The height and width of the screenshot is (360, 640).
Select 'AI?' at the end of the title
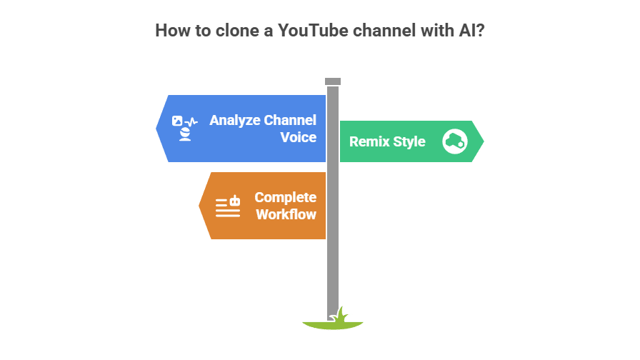pyautogui.click(x=470, y=31)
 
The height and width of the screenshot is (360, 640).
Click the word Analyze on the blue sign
pyautogui.click(x=234, y=120)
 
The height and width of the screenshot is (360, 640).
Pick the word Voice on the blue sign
pyautogui.click(x=299, y=136)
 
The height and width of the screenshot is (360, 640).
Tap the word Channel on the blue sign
pyautogui.click(x=290, y=120)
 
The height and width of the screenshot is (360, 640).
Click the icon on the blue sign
pyautogui.click(x=185, y=129)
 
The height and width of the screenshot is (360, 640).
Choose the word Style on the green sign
pyautogui.click(x=409, y=141)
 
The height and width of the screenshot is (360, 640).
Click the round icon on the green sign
pyautogui.click(x=455, y=141)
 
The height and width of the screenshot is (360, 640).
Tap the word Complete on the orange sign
pyautogui.click(x=285, y=197)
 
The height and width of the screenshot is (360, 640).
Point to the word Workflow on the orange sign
pyautogui.click(x=286, y=214)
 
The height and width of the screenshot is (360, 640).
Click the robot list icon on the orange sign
pyautogui.click(x=228, y=206)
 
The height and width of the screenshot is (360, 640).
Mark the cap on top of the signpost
pyautogui.click(x=333, y=81)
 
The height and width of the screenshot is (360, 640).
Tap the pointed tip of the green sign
pyautogui.click(x=484, y=141)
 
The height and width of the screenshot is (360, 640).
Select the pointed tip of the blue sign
pyautogui.click(x=157, y=129)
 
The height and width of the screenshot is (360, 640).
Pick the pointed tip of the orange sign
pyautogui.click(x=199, y=206)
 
